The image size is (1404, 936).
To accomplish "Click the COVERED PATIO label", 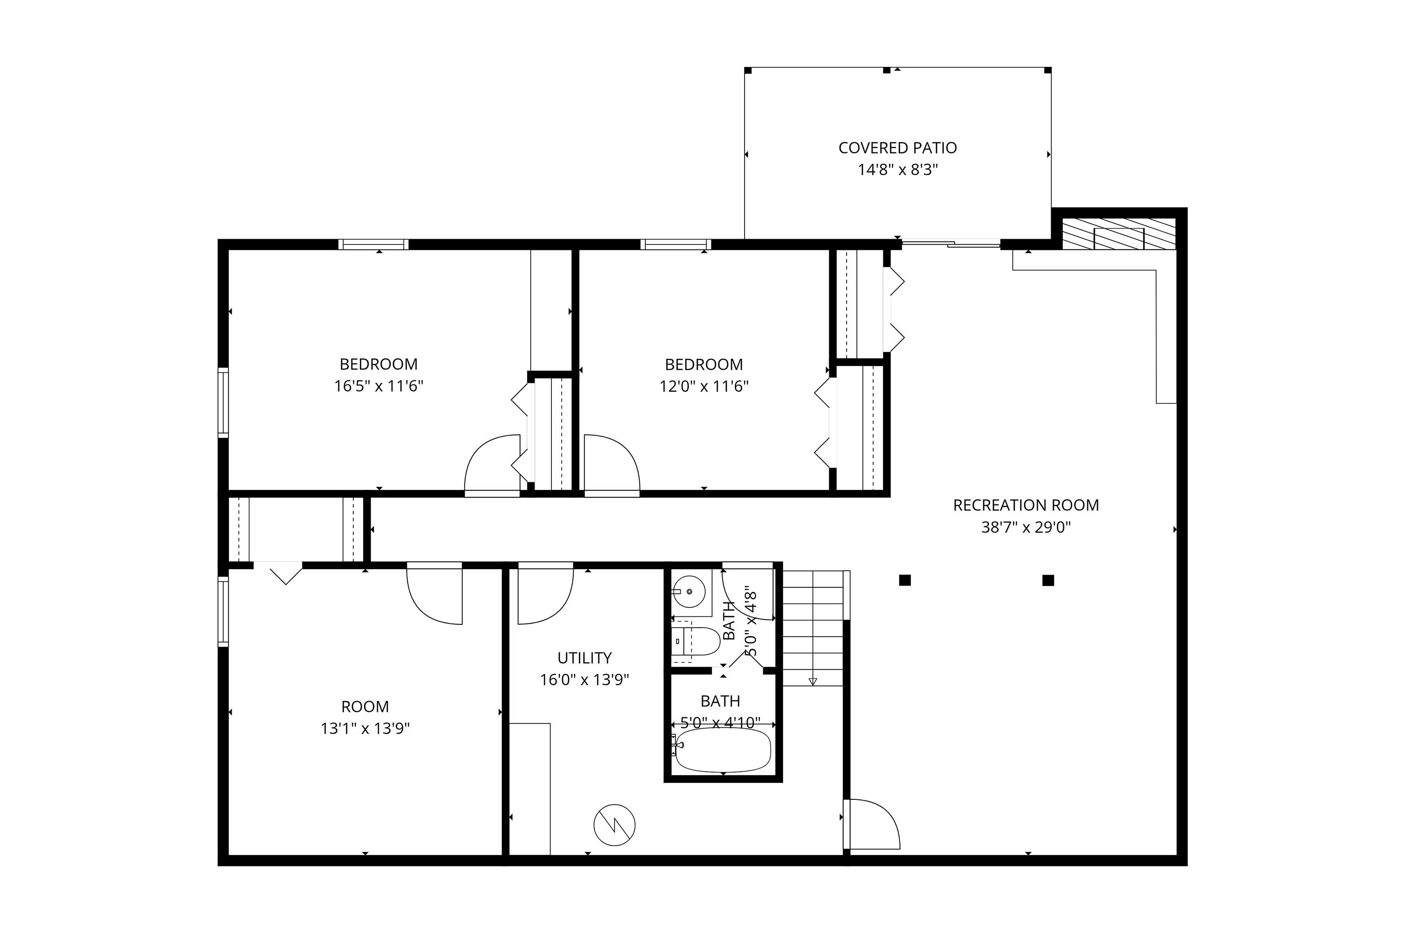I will (897, 147).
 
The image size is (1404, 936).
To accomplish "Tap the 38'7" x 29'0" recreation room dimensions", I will (1025, 527).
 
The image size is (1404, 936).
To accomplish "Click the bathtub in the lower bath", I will (722, 750).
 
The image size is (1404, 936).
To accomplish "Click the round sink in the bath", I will (689, 591).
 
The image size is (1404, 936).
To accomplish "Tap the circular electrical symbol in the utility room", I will (614, 825).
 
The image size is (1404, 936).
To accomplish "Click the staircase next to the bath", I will (812, 627).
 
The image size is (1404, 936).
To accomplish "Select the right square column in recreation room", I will (1048, 580).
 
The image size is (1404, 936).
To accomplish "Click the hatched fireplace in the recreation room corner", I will (1118, 234).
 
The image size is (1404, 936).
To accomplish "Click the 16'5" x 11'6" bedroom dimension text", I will (379, 386).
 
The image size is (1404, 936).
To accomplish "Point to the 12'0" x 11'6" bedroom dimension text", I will (703, 386).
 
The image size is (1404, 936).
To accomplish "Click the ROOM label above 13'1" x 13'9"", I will (365, 706).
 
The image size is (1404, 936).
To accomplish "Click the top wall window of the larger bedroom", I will (373, 244).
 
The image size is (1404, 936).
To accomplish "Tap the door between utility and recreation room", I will (871, 824).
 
